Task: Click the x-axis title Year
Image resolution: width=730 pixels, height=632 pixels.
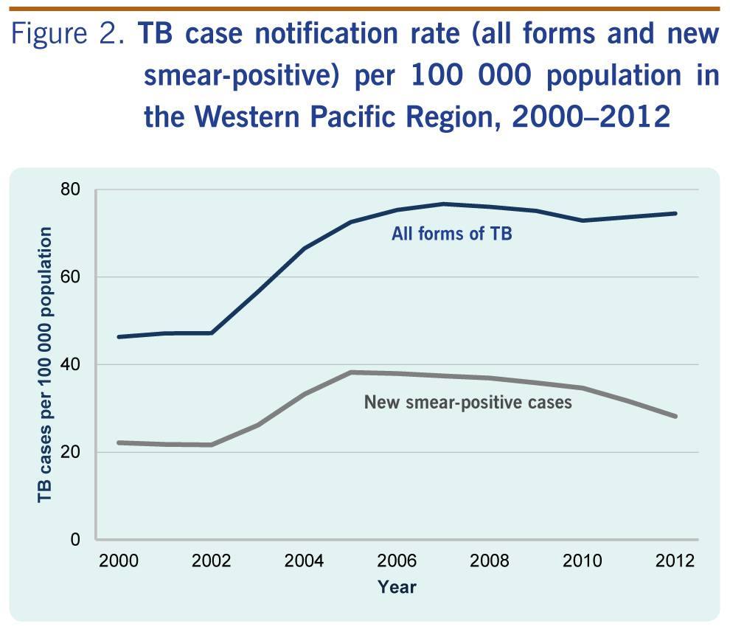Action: (397, 588)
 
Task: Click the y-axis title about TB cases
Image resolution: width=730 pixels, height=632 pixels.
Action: (46, 365)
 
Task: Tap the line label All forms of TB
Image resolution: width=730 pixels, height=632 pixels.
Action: (452, 235)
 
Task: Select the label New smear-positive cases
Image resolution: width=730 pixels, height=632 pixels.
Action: (468, 403)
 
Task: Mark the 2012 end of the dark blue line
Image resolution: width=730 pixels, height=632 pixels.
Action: (675, 214)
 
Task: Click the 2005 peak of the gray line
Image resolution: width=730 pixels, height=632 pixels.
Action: (351, 372)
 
